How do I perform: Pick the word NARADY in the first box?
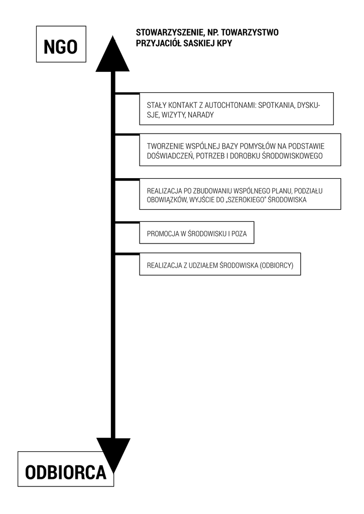click(x=201, y=115)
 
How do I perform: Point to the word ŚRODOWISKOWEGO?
click(x=293, y=156)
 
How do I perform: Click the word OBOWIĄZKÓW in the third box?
click(x=167, y=200)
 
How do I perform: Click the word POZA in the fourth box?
click(x=239, y=234)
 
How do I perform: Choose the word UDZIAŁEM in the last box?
click(x=204, y=265)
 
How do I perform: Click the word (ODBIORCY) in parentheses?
click(x=277, y=265)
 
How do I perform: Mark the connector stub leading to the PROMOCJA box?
click(x=127, y=222)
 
